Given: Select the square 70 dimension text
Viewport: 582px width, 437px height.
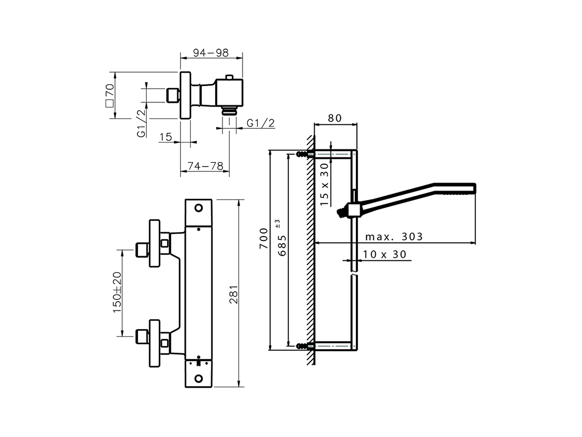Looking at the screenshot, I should tap(109, 95).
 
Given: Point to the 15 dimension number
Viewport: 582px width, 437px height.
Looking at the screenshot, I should tap(166, 136).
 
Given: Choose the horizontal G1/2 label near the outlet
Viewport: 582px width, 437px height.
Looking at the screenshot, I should tap(261, 123).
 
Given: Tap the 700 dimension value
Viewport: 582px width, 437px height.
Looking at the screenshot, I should tap(263, 239).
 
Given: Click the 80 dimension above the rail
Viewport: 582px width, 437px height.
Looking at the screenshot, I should tap(334, 118).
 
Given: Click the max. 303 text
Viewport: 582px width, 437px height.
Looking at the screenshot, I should tap(394, 237).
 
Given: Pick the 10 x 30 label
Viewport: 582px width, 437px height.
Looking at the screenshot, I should tap(385, 254).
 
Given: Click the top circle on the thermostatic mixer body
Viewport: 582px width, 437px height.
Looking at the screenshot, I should tap(198, 208).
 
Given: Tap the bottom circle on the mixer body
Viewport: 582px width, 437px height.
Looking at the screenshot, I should tap(198, 378).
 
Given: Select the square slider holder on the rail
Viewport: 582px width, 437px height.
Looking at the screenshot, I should tap(353, 210).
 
